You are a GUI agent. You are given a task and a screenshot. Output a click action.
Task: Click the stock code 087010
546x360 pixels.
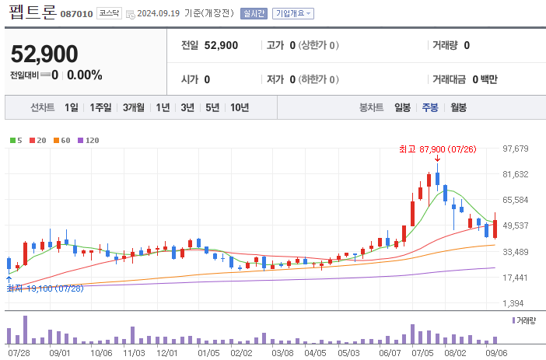75,14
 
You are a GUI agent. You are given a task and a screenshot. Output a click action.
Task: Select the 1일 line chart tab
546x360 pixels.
72,108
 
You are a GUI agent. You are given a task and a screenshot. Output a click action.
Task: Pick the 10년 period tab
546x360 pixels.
240,108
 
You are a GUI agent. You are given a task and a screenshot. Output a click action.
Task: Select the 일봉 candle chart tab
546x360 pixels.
402,108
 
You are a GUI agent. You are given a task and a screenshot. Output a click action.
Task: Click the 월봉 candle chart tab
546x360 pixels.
458,108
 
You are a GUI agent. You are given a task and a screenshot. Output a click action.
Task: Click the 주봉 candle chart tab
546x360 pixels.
430,108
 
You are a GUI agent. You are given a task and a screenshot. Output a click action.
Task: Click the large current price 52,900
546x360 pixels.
44,54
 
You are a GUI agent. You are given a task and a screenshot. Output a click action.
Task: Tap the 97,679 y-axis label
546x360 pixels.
516,149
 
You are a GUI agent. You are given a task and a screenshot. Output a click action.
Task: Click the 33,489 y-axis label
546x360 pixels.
516,252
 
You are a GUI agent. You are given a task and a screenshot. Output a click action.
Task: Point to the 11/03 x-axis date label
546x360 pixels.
135,352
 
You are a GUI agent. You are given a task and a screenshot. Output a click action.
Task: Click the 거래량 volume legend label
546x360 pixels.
526,320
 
